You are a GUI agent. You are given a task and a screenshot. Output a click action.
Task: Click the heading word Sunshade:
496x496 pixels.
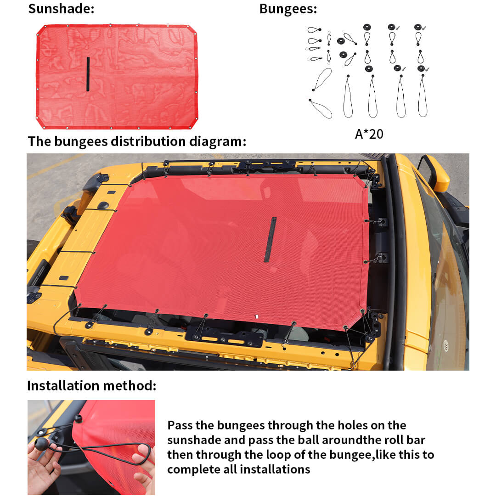point(61,9)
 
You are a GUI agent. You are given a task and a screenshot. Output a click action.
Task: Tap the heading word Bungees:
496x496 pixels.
point(288,9)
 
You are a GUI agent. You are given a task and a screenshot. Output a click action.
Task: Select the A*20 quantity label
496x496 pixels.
point(369,134)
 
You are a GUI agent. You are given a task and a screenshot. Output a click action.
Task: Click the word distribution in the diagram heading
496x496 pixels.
point(148,141)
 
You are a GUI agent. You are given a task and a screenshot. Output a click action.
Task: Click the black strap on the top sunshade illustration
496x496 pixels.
point(88,74)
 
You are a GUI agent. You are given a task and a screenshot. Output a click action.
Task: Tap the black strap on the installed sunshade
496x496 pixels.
point(270,239)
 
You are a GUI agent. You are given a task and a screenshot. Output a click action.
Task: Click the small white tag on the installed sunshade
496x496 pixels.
point(257,316)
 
